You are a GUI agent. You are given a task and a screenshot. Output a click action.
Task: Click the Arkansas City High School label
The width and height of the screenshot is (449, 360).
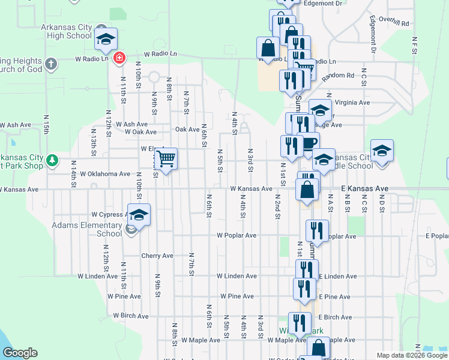66,31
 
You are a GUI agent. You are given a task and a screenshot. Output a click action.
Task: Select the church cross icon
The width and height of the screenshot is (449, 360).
52,62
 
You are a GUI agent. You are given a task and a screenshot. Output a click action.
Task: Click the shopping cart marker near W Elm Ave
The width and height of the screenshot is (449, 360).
166,159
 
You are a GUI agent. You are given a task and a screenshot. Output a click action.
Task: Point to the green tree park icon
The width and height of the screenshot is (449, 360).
53,160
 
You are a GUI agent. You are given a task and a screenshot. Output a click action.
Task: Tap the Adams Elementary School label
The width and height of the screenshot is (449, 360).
87,230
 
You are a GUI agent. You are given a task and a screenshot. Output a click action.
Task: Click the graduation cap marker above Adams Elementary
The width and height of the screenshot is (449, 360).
139,215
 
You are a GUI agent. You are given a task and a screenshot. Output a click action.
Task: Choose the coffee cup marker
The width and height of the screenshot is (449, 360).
309,143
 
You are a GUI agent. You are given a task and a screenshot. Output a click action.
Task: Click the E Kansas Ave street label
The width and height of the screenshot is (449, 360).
365,188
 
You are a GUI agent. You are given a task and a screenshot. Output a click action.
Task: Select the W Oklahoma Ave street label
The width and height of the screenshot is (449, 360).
102,174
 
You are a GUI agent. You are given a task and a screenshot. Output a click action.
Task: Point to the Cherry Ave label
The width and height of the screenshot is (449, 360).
157,256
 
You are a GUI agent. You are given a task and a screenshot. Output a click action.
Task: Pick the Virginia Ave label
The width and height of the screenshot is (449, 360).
364,103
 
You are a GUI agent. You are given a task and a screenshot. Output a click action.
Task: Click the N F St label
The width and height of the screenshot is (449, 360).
414,44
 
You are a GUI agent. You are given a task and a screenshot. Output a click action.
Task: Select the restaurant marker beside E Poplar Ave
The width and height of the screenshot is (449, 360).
316,231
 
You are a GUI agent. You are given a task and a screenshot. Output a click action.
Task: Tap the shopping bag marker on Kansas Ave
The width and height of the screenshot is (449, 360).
307,190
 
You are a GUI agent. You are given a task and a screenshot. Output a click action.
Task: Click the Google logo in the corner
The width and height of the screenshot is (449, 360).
20,353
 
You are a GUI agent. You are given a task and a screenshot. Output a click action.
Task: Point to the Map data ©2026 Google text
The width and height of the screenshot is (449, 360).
412,355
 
